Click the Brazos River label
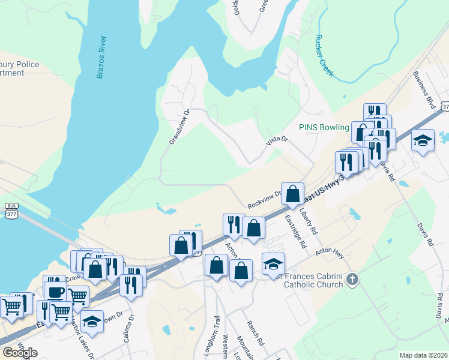102,58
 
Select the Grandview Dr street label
179,127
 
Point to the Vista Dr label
277,140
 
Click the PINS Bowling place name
324,127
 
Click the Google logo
20,352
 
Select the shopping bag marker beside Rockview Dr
292,194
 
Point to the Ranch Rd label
255,333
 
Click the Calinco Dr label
127,329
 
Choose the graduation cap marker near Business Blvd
423,140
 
